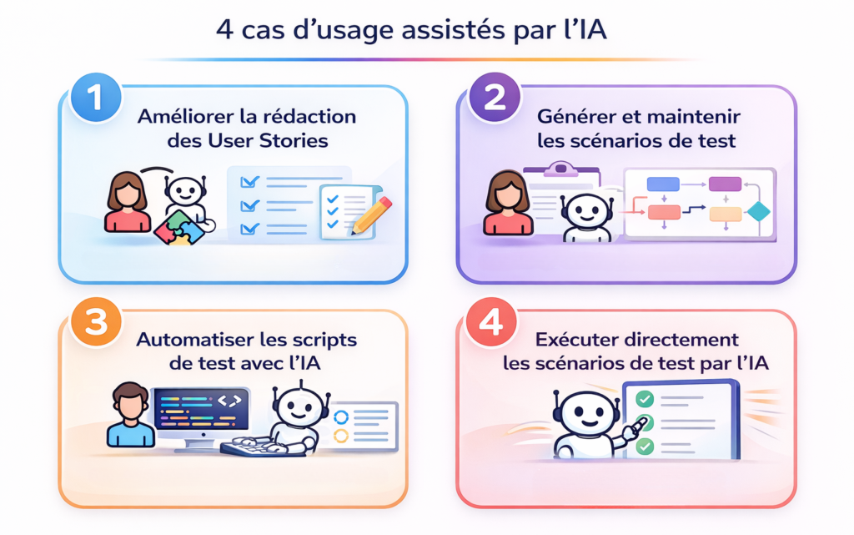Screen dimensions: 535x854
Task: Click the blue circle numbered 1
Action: [94, 98]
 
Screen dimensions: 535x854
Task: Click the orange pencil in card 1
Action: [371, 214]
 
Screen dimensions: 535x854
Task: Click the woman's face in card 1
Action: [128, 194]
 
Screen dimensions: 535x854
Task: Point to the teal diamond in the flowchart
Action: [757, 212]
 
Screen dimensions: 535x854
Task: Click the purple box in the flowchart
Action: [725, 184]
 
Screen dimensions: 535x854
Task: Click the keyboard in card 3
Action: [251, 447]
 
